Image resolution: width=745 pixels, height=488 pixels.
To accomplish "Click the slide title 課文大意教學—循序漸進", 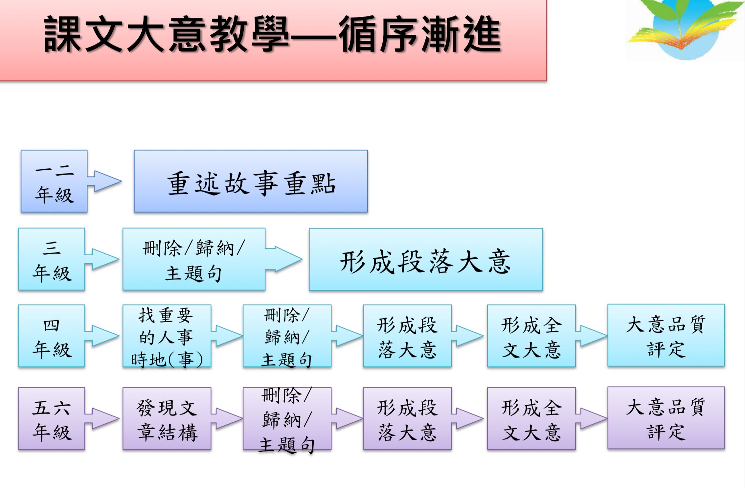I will tap(273, 34).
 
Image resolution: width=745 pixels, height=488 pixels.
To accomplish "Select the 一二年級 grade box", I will tap(54, 181).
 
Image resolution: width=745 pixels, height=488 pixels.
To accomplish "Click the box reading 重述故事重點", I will tap(251, 181).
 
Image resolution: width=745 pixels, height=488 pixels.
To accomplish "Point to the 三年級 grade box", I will tap(52, 259).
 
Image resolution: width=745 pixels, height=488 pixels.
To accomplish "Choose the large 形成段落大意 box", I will tap(426, 259).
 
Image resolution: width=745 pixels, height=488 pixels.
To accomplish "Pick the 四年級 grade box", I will tap(52, 336).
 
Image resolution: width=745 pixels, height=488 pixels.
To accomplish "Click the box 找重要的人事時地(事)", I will tap(167, 336).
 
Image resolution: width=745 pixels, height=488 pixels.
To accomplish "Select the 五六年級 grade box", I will tap(52, 418).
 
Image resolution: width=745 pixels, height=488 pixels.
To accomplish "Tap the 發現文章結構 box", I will tap(167, 418).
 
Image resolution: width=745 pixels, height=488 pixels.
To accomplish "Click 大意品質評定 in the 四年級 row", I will tap(666, 335).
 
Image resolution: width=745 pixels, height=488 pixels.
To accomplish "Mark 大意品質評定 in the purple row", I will tap(666, 418).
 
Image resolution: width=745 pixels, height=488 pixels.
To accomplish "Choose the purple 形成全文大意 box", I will tap(531, 418).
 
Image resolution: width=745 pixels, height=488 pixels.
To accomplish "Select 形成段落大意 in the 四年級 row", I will tap(407, 336).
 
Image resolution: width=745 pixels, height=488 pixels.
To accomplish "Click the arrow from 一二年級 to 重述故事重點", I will tap(105, 181).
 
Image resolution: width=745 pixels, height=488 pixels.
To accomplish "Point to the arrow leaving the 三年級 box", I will tap(102, 259).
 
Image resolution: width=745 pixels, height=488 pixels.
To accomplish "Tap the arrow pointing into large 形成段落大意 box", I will tap(284, 259).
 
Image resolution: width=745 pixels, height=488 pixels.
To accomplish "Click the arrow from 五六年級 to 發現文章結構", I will tap(102, 418).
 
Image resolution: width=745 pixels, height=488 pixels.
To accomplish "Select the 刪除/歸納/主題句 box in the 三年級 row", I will tap(194, 259).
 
